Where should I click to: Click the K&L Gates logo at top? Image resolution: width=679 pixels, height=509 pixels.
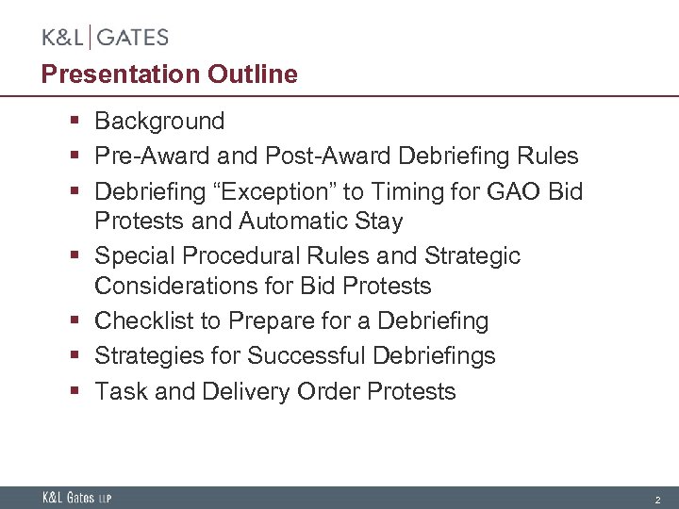point(105,38)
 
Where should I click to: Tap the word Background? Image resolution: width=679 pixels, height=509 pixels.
point(159,122)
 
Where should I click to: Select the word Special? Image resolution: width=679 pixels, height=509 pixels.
point(134,256)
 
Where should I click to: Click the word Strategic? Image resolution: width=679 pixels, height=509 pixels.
point(471,256)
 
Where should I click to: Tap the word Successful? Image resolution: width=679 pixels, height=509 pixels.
point(307,356)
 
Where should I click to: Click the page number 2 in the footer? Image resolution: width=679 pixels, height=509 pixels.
point(657,499)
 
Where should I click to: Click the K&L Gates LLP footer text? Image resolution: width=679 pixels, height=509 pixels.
point(76,498)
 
